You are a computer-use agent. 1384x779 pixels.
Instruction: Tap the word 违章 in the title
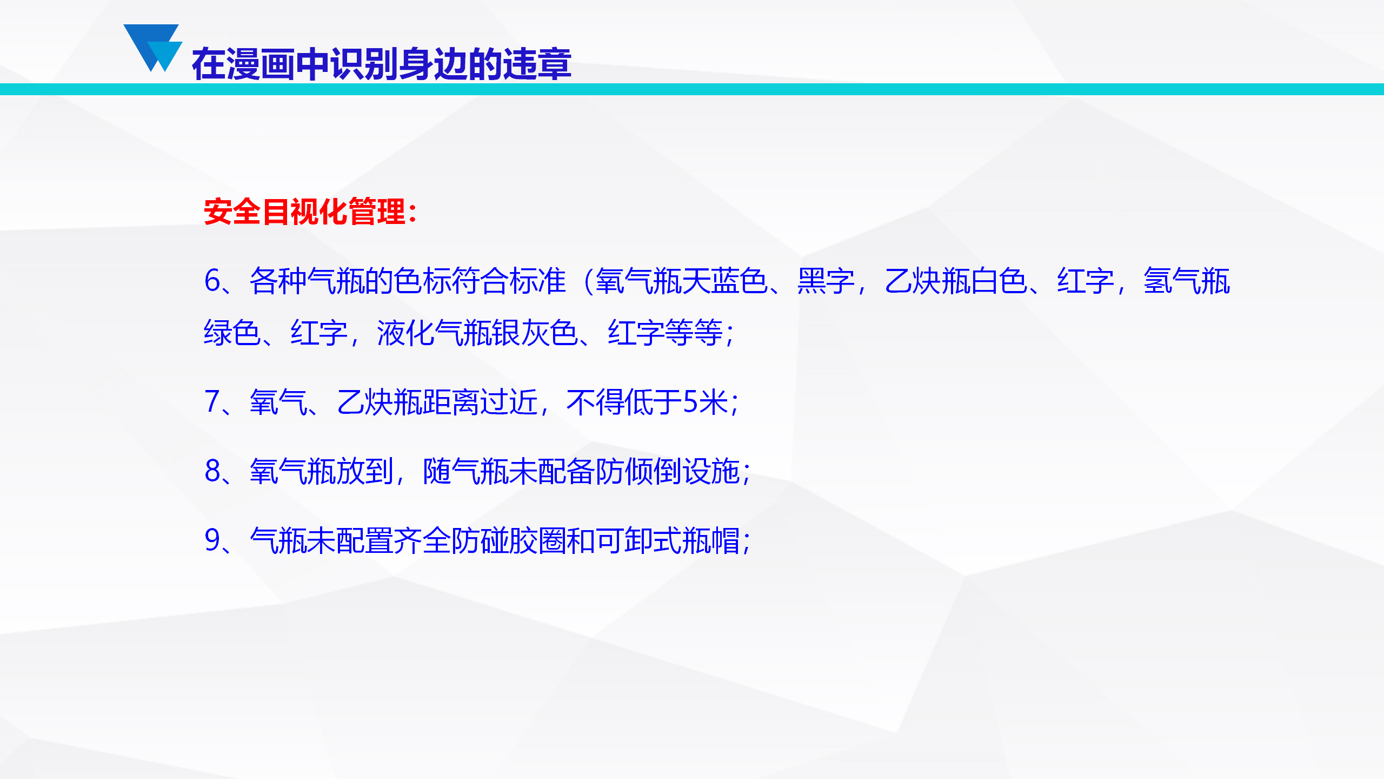(x=537, y=64)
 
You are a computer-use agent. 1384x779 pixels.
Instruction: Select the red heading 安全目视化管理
(x=304, y=211)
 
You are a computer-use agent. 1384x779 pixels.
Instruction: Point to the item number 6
(x=212, y=281)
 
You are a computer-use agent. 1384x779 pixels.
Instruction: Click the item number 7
(x=212, y=402)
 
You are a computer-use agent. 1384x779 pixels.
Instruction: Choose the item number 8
(x=212, y=471)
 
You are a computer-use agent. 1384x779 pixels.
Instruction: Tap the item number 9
(x=212, y=540)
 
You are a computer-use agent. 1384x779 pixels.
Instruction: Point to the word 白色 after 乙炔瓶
(x=999, y=281)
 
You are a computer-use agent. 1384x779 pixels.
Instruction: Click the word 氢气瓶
(x=1187, y=281)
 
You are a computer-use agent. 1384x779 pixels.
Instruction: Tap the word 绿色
(x=232, y=332)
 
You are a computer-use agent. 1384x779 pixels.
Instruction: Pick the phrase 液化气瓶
(x=434, y=332)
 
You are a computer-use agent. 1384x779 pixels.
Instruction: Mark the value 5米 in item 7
(x=705, y=402)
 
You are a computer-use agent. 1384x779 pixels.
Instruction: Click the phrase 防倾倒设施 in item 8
(x=667, y=471)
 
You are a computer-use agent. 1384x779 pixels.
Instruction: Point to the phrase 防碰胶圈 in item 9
(x=508, y=540)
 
